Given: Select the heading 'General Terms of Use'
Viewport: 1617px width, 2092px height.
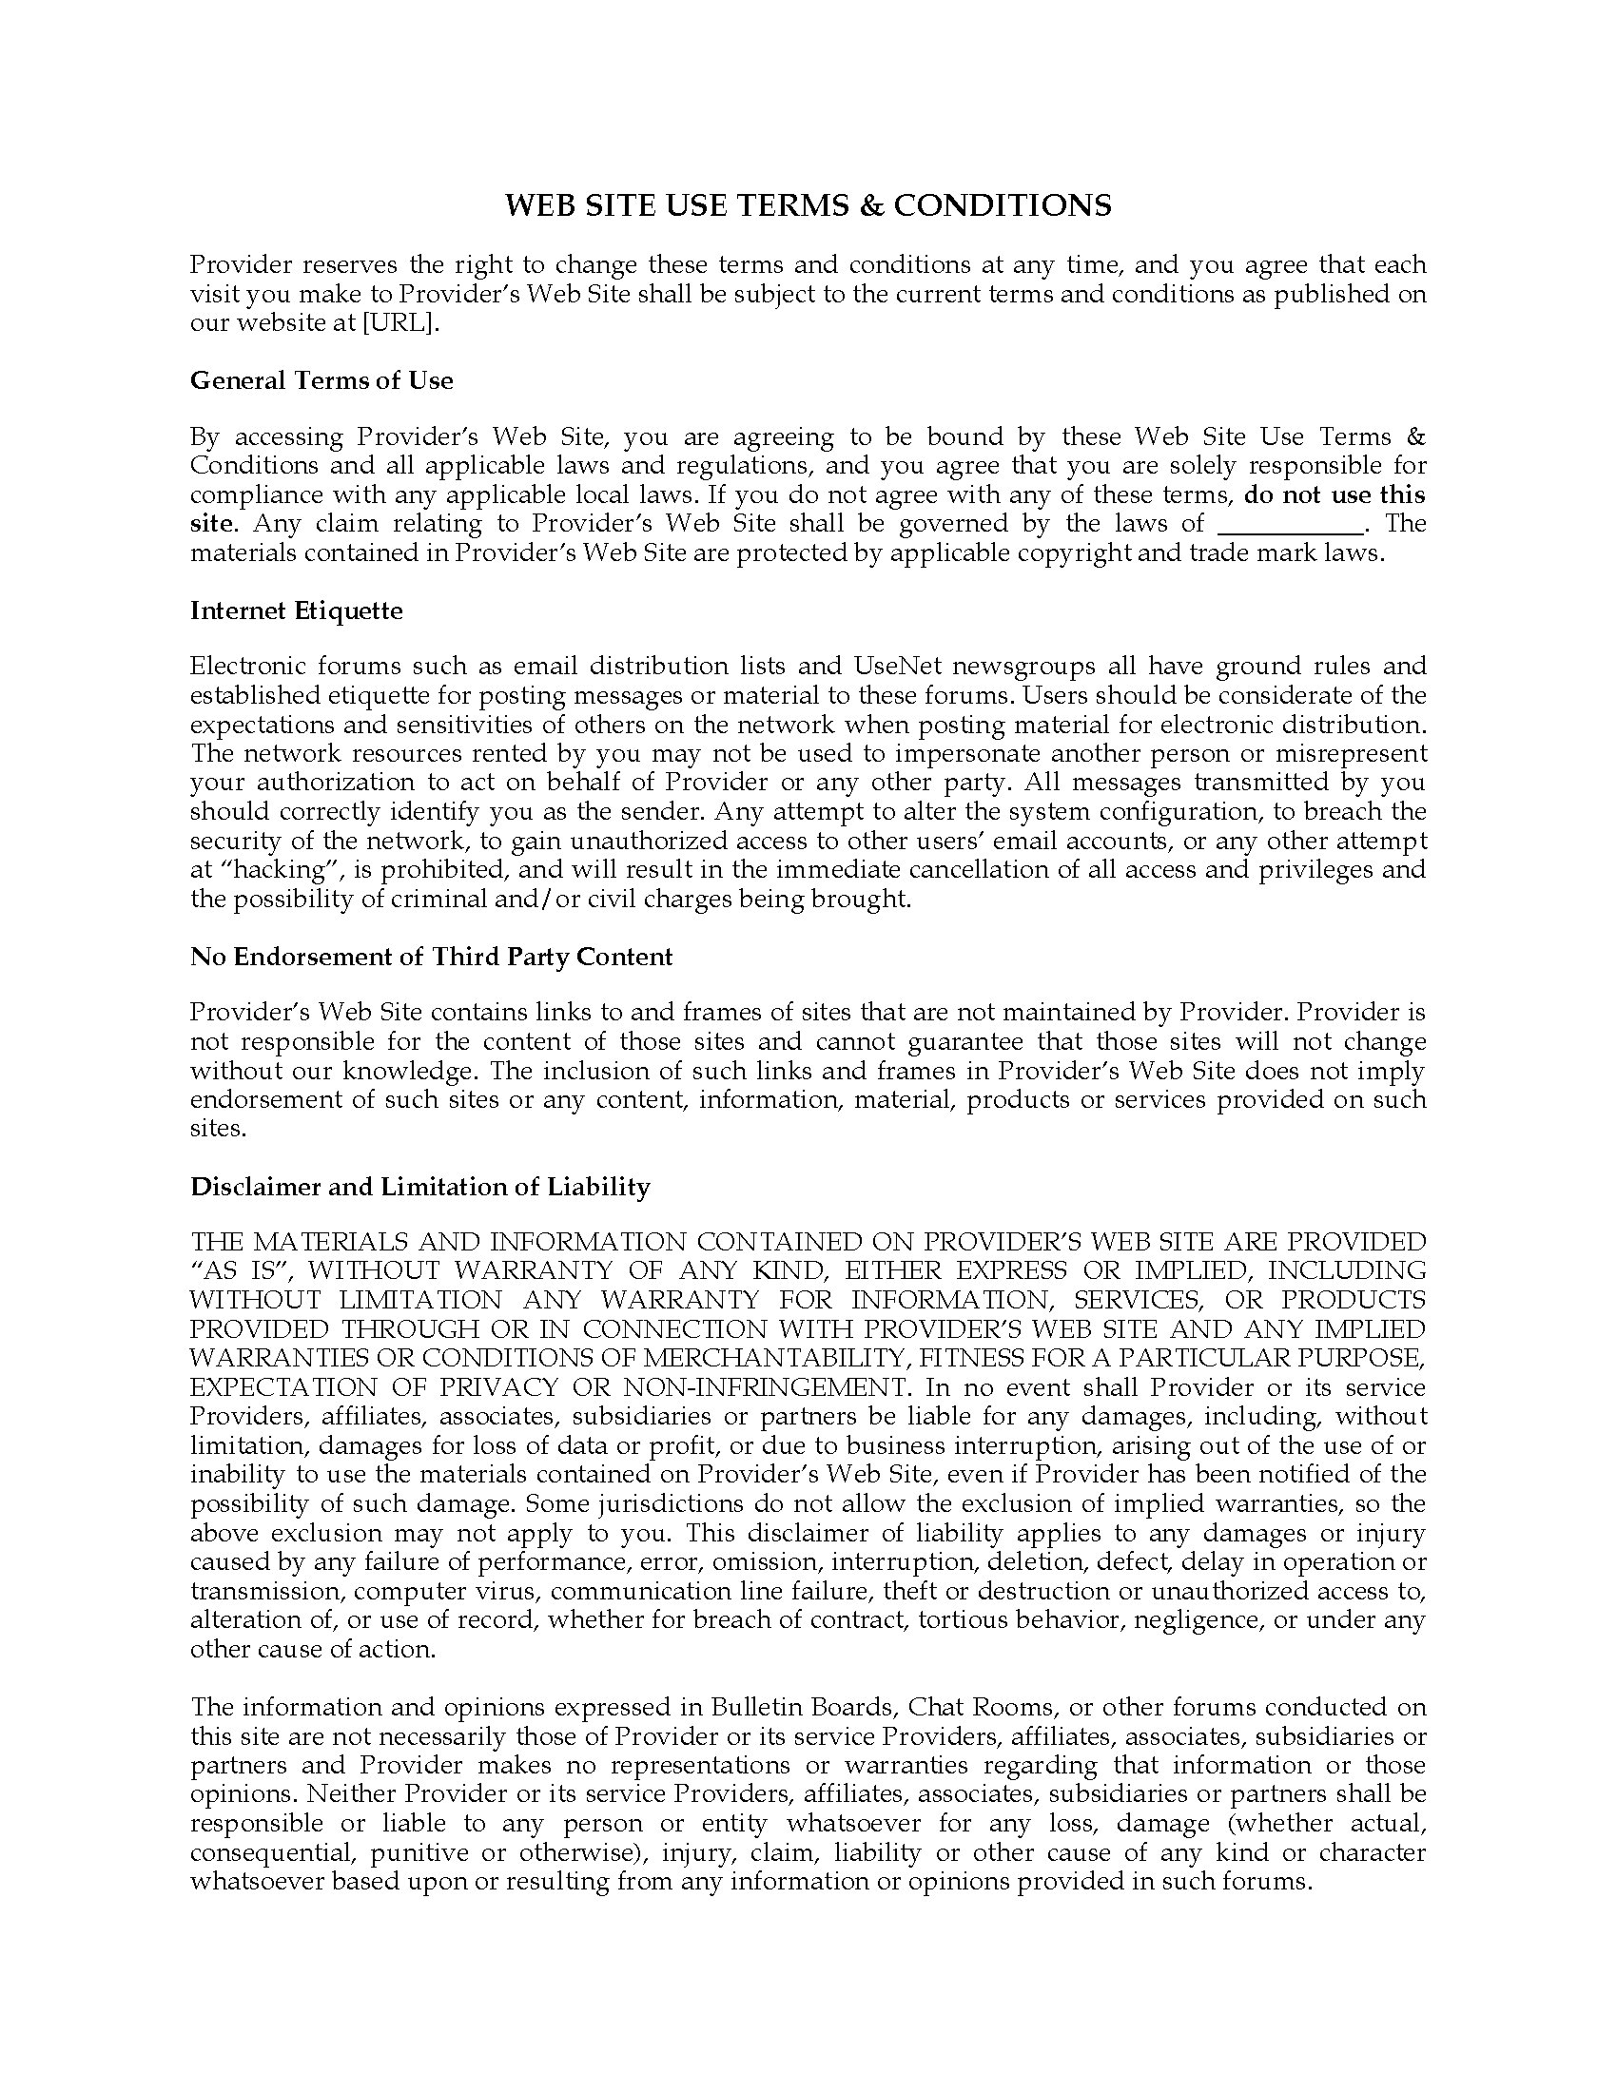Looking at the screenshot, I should tap(321, 380).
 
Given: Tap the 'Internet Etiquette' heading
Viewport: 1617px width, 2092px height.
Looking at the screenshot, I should tap(297, 610).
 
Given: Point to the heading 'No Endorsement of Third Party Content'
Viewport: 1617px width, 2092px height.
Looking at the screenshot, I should tap(431, 957).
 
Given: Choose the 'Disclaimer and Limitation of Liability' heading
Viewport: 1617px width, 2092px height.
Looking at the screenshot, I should tap(420, 1187).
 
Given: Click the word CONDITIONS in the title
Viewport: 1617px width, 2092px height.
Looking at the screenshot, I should tap(1002, 205).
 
